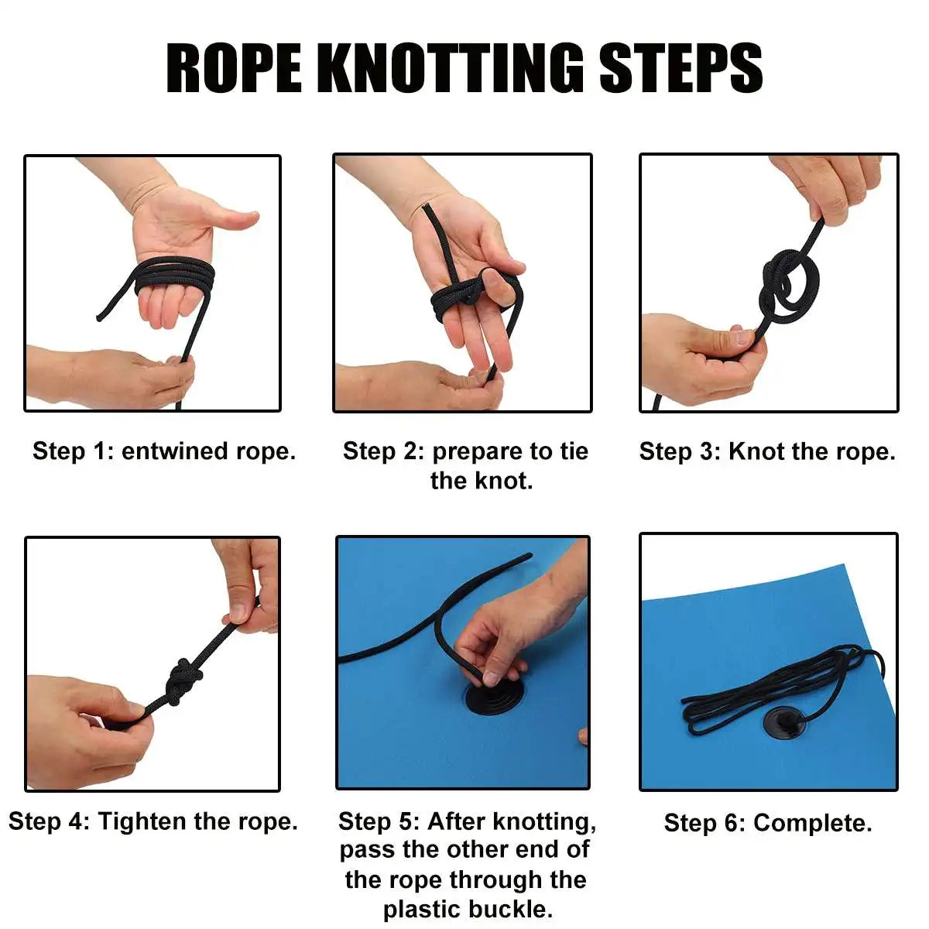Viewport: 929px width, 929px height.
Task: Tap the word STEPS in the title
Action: tap(680, 68)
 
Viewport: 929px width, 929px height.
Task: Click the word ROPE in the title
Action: tap(233, 68)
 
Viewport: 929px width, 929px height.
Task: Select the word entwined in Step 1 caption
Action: tap(175, 451)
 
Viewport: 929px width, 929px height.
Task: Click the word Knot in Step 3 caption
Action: tap(756, 451)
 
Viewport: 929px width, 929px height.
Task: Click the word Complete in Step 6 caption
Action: tap(813, 823)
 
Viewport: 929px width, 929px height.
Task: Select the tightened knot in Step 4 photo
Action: tap(183, 680)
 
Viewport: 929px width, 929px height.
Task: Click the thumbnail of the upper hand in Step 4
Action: tap(238, 613)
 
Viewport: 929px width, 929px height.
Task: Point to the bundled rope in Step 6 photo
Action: tap(781, 684)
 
